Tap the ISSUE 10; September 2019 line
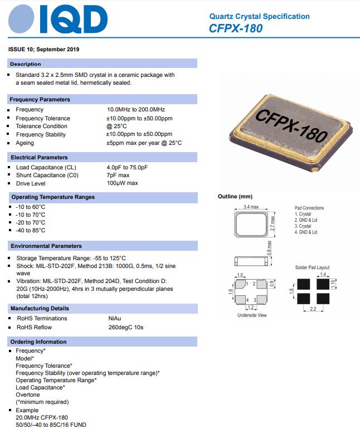(x=44, y=49)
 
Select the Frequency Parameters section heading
(x=40, y=99)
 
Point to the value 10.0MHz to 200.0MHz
(x=136, y=110)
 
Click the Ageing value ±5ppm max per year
(x=144, y=143)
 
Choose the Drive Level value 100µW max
(x=122, y=183)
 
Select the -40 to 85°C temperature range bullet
(x=31, y=231)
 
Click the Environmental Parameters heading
(x=46, y=246)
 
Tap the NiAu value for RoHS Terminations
(x=114, y=319)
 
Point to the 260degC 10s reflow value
(x=125, y=327)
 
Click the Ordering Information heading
(x=38, y=342)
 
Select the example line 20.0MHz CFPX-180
(x=42, y=417)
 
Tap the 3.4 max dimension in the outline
(x=251, y=207)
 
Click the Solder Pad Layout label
(x=312, y=268)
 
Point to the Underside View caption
(x=252, y=315)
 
